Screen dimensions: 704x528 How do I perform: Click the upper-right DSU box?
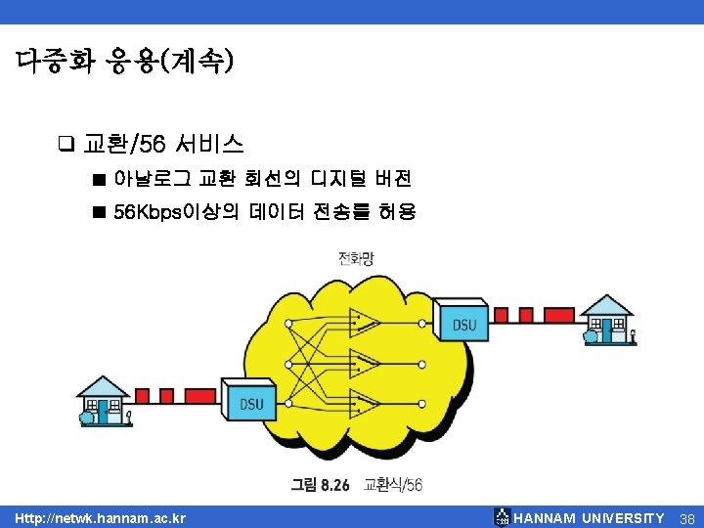[x=464, y=324]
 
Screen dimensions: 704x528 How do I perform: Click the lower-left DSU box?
[x=251, y=402]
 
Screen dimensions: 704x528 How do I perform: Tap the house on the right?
[x=609, y=320]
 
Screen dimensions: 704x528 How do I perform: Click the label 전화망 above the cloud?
[x=355, y=259]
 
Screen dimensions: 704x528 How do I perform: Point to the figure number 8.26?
[x=331, y=484]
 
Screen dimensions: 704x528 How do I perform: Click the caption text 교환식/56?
[x=393, y=484]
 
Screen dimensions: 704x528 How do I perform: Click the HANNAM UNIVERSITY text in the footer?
[x=589, y=517]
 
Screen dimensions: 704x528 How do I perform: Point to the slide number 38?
[x=686, y=517]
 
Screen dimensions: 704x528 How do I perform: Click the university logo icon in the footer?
[x=502, y=516]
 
